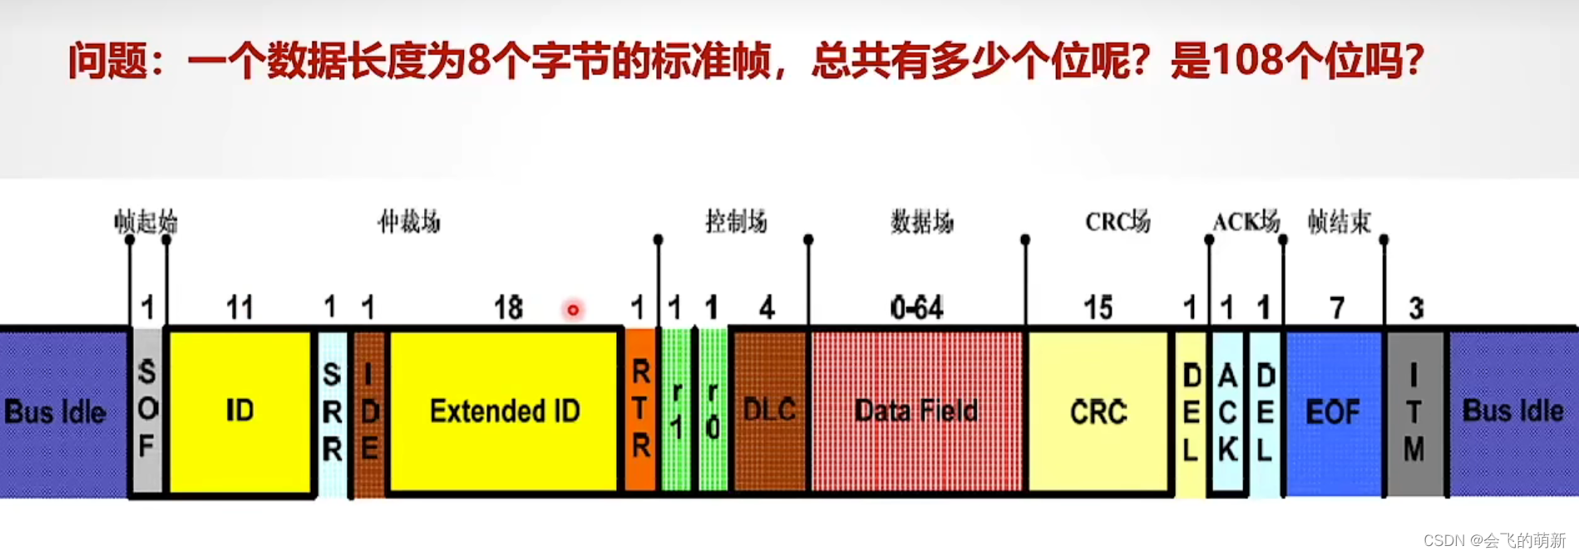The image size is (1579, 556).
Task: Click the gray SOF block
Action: click(147, 411)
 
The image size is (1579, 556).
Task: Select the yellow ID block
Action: click(240, 411)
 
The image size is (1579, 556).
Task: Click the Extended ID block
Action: click(505, 411)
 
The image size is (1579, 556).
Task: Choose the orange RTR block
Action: click(640, 411)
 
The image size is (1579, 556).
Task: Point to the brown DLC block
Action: click(769, 411)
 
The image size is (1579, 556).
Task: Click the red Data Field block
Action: click(916, 411)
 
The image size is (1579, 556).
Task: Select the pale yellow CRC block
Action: click(1098, 411)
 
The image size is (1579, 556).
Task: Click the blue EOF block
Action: click(1333, 411)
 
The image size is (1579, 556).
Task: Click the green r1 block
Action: click(677, 411)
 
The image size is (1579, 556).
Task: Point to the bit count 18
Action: click(508, 308)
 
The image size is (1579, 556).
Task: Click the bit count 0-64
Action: click(916, 308)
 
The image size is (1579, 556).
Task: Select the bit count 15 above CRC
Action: click(1098, 308)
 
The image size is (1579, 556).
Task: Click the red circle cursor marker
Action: click(573, 310)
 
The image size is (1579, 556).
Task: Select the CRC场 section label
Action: click(1118, 222)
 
